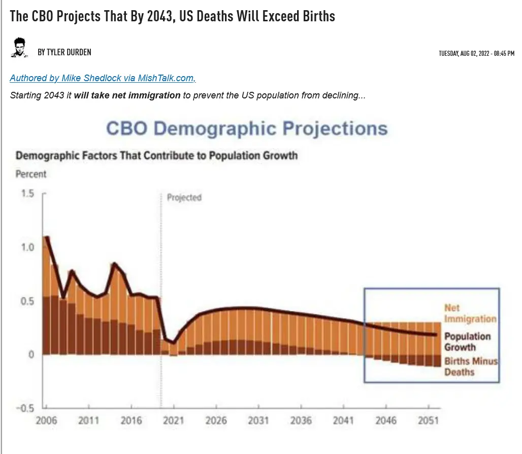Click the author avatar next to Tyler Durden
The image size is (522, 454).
(x=19, y=48)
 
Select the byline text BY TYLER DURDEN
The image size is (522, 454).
(x=64, y=52)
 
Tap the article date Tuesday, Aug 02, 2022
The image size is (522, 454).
(x=476, y=53)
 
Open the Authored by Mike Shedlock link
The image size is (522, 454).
(x=103, y=78)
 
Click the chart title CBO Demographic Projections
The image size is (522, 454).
(x=246, y=128)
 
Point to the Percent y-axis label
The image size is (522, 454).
(x=31, y=174)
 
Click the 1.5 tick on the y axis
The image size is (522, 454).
(x=27, y=194)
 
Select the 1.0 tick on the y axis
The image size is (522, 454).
(x=27, y=248)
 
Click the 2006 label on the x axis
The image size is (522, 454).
(x=46, y=421)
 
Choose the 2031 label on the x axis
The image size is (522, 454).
(x=259, y=421)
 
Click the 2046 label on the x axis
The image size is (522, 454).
(x=386, y=421)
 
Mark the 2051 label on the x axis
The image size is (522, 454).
(x=428, y=421)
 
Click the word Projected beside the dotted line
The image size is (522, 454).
(x=184, y=197)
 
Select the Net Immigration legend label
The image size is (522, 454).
(x=470, y=313)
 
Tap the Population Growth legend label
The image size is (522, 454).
(x=467, y=342)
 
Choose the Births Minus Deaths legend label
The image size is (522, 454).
(x=471, y=367)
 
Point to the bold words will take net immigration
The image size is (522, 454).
(x=127, y=95)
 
